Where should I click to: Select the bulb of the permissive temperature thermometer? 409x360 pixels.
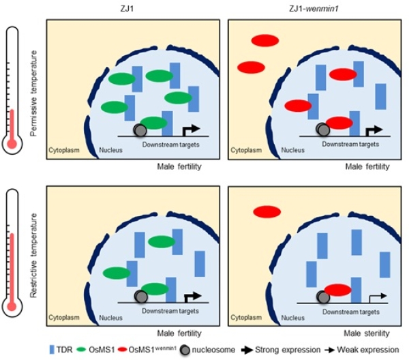pos(12,142)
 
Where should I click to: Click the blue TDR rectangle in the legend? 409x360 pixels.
pos(53,350)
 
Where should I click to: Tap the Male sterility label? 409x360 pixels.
pos(368,333)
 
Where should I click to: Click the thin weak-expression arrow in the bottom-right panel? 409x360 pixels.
pos(376,297)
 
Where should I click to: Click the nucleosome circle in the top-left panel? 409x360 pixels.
pos(140,130)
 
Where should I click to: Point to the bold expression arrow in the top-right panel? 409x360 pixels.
pos(374,130)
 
